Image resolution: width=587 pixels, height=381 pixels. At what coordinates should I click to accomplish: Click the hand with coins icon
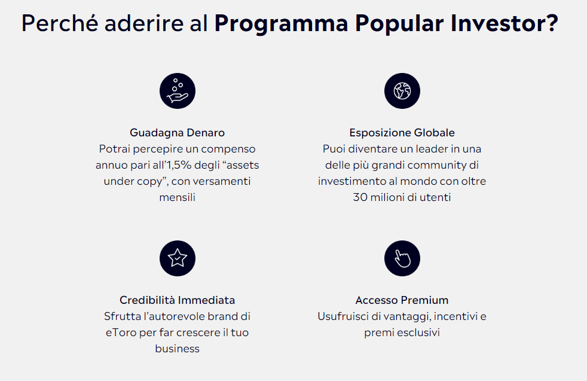coord(178,91)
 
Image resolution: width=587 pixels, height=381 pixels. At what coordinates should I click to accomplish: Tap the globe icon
coord(402,91)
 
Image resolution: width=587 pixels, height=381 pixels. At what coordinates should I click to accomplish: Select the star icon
coord(178,258)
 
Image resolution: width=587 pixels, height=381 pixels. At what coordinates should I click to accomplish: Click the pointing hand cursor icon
coord(402,258)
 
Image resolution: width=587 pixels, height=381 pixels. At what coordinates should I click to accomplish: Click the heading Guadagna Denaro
coord(177,133)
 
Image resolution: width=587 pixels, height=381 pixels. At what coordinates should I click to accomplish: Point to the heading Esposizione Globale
coord(402,133)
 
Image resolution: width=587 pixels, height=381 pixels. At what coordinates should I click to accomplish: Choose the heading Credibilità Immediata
coord(177,300)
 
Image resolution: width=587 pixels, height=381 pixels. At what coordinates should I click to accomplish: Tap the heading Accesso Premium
coord(402,300)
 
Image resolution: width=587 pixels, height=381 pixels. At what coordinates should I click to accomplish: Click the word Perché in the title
coord(60,23)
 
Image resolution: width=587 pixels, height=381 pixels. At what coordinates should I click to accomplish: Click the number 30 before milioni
coord(360,197)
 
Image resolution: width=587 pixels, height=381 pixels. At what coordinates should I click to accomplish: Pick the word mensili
coord(177,197)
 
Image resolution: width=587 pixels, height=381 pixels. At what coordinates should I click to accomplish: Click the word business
coord(177,349)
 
